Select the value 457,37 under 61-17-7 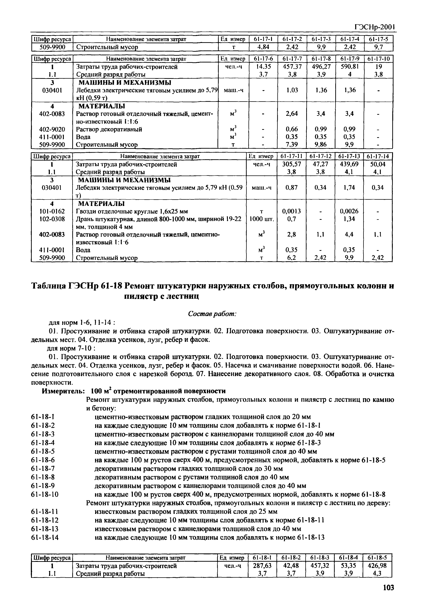click(292, 67)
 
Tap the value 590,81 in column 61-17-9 click(350, 67)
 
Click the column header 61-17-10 click(378, 59)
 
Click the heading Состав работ click(212, 314)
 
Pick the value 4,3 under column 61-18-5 click(377, 574)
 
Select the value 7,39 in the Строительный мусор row click(292, 144)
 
